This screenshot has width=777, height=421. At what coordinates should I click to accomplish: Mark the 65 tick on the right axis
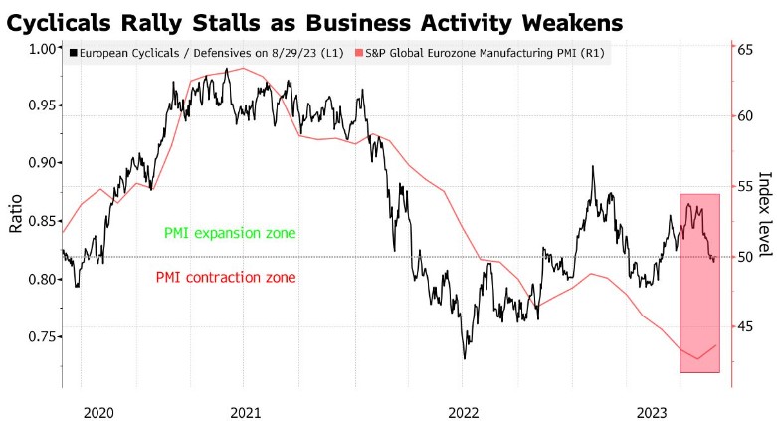click(744, 47)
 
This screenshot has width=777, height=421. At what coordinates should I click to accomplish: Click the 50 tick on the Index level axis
click(744, 257)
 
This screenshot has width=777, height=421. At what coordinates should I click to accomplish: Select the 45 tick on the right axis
click(744, 326)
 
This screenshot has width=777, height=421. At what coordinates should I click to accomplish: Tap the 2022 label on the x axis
click(464, 411)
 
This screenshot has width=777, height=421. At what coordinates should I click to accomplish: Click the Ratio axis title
click(16, 213)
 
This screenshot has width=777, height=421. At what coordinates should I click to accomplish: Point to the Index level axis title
click(764, 213)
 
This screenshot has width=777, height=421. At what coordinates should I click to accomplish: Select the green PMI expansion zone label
click(230, 234)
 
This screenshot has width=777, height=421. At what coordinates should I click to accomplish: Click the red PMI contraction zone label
click(226, 278)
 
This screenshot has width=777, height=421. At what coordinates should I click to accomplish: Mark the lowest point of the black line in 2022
click(465, 358)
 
